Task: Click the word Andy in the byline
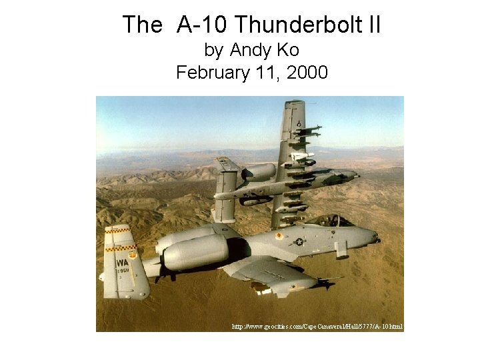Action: pyautogui.click(x=248, y=50)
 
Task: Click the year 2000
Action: pyautogui.click(x=305, y=72)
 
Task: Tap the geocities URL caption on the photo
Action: pyautogui.click(x=317, y=327)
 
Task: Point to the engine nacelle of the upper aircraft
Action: pyautogui.click(x=259, y=172)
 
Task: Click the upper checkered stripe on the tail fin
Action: pyautogui.click(x=119, y=231)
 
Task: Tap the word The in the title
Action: pyautogui.click(x=142, y=25)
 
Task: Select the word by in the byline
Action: pyautogui.click(x=213, y=50)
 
